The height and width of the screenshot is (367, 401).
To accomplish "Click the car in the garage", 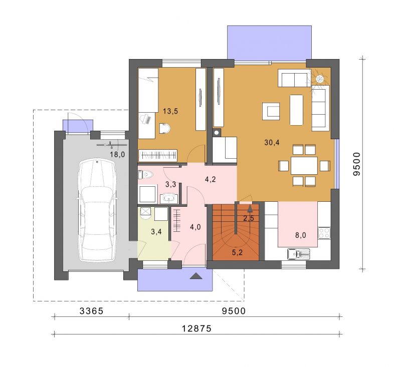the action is [97, 210].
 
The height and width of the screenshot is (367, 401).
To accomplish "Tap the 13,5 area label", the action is [170, 111].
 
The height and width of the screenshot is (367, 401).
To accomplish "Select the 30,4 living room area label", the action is [272, 143].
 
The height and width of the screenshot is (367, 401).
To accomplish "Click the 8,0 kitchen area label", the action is [300, 235].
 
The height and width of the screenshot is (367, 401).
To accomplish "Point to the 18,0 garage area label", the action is [117, 155].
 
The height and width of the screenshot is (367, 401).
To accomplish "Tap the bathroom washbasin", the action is [169, 198].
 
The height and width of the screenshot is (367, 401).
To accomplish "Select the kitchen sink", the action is [298, 254].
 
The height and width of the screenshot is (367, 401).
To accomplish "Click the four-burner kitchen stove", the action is [324, 233].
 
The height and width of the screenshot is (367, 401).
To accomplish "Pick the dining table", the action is [304, 166].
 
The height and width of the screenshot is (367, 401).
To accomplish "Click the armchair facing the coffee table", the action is [271, 111].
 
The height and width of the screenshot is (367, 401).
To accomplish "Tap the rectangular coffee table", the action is [296, 110].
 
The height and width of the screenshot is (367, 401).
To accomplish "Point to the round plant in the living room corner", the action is [320, 79].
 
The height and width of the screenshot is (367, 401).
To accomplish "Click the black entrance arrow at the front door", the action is [196, 275].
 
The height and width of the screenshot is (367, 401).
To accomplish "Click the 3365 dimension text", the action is [91, 311].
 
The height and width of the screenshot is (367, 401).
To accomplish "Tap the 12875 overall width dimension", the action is [196, 328].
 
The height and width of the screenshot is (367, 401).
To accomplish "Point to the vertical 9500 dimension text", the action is [356, 164].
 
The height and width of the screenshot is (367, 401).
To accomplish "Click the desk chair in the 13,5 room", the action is [164, 129].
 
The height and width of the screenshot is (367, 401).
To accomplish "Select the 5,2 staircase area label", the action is [237, 252].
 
